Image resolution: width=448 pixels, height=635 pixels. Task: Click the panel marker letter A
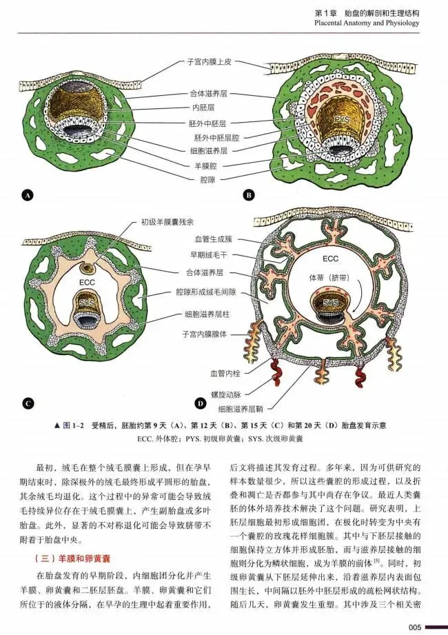pos(28,196)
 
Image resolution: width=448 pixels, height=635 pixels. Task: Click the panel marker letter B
pos(249,195)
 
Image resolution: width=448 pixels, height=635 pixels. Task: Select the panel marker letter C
pos(28,403)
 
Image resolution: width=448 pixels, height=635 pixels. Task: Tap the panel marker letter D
pos(201,403)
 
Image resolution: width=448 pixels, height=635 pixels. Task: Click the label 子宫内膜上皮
pos(210,62)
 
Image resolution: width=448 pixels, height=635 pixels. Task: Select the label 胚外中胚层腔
pos(216,138)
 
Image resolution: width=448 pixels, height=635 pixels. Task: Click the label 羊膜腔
pos(208,166)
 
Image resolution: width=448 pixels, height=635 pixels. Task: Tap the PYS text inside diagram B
pos(342,119)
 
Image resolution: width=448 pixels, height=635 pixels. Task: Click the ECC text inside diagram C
pos(87,282)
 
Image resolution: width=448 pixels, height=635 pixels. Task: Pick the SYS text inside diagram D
pos(330,303)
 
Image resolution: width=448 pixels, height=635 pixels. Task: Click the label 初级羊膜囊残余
pos(167,221)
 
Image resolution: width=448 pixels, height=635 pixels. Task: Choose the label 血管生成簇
pos(214,240)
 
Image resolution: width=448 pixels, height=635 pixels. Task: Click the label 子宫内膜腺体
pos(205,334)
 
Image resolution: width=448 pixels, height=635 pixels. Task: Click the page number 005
pos(415,627)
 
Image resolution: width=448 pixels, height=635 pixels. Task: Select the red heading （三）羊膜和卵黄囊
pos(73,559)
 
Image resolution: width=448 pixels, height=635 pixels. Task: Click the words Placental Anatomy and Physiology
pos(367,23)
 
